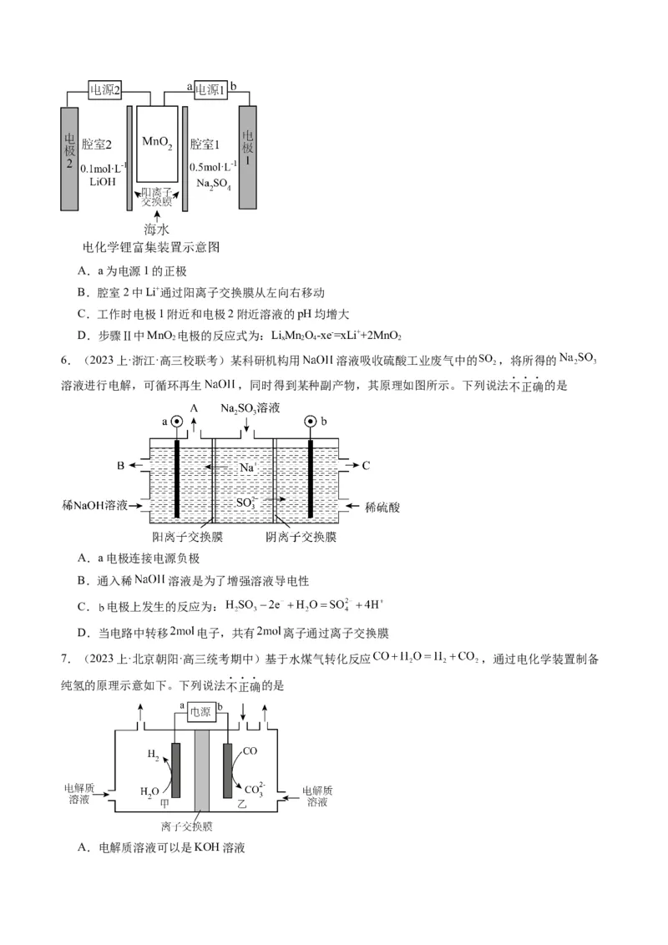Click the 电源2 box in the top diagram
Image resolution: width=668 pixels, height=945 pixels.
[105, 89]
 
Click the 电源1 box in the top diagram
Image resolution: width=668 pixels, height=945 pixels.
[211, 89]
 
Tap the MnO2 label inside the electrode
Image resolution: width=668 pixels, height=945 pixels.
[157, 144]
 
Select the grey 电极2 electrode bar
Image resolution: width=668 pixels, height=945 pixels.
[69, 159]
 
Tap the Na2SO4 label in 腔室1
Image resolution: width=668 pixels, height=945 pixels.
[214, 181]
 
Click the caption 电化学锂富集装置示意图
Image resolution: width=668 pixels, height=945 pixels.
[151, 248]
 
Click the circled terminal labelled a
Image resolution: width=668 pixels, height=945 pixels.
[177, 422]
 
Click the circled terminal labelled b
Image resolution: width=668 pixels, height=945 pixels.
[311, 422]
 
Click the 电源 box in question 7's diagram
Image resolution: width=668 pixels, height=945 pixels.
[200, 711]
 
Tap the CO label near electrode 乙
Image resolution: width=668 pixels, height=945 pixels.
[250, 751]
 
